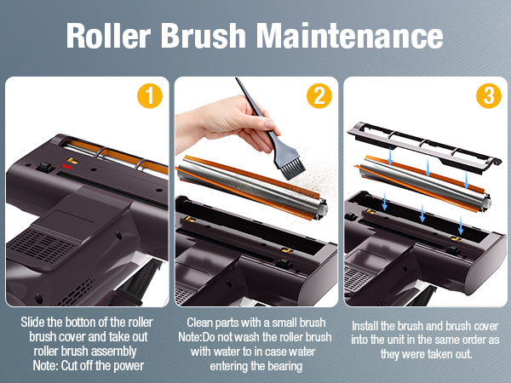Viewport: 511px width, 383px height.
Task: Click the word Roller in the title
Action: point(108,35)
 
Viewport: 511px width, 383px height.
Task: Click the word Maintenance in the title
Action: point(349,35)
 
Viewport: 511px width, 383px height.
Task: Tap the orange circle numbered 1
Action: point(150,95)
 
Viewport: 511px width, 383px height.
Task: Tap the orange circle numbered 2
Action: point(319,95)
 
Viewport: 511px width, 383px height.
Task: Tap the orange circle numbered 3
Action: point(489,95)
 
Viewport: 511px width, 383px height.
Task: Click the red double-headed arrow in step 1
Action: point(67,167)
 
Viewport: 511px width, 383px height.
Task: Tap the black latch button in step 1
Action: point(45,168)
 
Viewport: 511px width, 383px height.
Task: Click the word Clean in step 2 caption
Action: point(200,323)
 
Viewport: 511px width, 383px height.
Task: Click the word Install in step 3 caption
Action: point(365,326)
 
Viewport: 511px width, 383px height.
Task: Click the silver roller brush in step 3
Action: point(423,184)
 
